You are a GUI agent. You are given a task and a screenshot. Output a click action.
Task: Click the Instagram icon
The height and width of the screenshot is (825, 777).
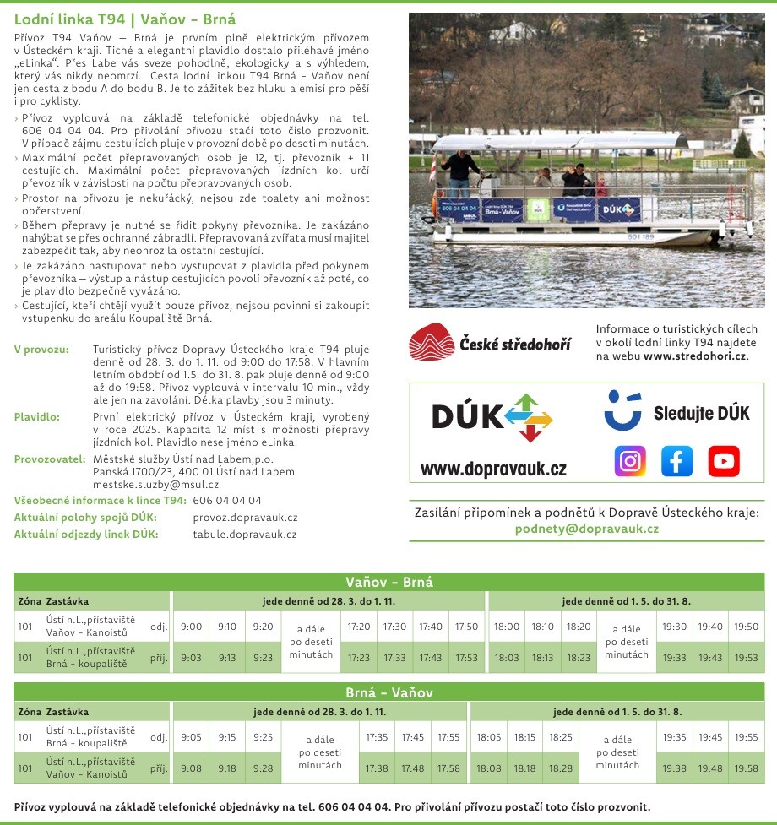(629, 461)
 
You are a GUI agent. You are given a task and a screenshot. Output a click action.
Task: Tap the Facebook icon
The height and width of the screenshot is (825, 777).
(676, 461)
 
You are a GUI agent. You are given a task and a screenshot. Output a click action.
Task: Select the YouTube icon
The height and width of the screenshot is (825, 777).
(724, 461)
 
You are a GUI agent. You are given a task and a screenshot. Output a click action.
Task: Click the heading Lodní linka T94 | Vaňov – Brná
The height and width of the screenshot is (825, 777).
(125, 19)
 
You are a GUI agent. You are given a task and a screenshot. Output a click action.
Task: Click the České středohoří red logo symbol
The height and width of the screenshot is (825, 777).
(431, 342)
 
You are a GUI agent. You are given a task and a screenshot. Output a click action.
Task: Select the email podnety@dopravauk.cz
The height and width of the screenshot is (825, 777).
(586, 529)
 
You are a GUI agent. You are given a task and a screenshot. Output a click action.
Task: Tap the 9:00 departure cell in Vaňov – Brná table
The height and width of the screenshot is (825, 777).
(192, 627)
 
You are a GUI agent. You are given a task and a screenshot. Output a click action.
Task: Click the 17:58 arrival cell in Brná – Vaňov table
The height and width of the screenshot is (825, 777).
(448, 768)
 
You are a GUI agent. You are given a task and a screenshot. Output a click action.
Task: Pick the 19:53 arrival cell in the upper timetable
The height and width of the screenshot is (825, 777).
(746, 658)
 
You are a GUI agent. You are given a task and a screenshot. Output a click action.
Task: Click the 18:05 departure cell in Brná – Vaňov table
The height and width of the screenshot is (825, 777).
(489, 737)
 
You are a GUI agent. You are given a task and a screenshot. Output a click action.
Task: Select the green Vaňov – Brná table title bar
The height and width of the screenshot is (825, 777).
(388, 582)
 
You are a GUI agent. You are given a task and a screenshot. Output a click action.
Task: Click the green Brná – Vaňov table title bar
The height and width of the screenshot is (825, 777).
(388, 692)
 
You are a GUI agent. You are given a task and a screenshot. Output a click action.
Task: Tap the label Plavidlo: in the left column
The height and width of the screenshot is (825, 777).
(37, 416)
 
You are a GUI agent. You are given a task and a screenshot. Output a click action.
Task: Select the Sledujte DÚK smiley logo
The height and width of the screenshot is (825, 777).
(623, 410)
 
